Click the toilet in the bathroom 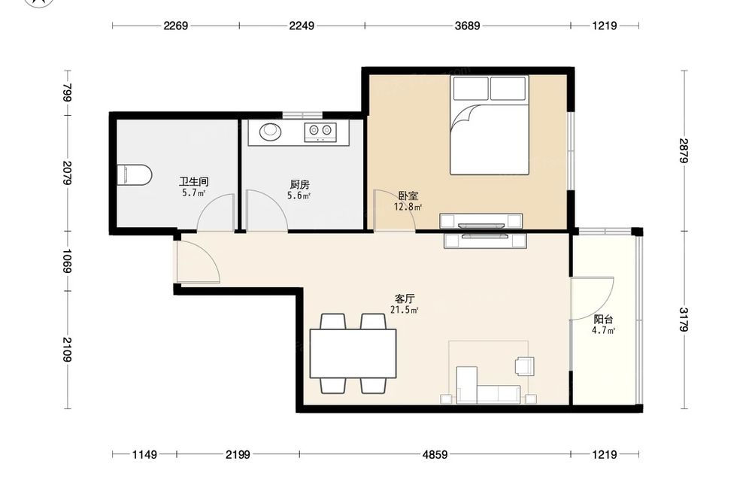[135, 175]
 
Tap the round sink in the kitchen [271, 131]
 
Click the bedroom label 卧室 [408, 196]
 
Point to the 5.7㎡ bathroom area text [193, 193]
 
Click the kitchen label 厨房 [300, 184]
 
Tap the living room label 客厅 [405, 299]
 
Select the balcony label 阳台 [603, 320]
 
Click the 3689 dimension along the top [467, 26]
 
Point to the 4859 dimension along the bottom [435, 454]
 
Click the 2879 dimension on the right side [684, 150]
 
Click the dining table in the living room [353, 353]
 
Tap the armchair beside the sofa [524, 365]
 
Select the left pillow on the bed [471, 88]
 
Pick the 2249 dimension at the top [302, 26]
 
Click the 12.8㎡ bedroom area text [408, 207]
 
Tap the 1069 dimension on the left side [67, 261]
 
